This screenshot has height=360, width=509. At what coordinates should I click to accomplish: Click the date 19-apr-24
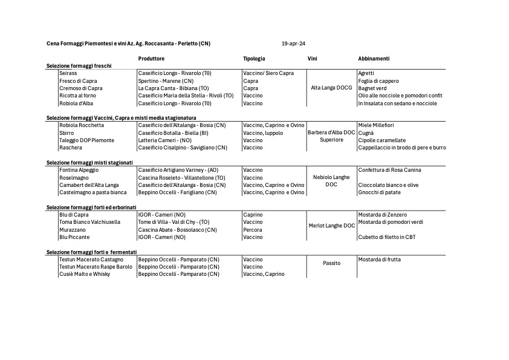pyautogui.click(x=293, y=44)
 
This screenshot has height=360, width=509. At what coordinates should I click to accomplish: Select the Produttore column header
pyautogui.click(x=151, y=59)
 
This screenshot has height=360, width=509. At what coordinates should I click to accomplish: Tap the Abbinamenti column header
pyautogui.click(x=374, y=59)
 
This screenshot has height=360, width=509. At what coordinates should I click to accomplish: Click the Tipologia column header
pyautogui.click(x=254, y=59)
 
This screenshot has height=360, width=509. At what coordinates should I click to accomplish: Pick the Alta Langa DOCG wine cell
pyautogui.click(x=331, y=88)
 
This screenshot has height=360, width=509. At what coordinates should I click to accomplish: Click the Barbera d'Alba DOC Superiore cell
pyautogui.click(x=331, y=136)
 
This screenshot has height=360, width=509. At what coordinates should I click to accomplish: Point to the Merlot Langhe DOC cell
pyautogui.click(x=331, y=226)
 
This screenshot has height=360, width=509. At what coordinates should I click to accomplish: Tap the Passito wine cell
pyautogui.click(x=331, y=263)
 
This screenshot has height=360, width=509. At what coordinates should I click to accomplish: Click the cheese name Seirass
pyautogui.click(x=68, y=73)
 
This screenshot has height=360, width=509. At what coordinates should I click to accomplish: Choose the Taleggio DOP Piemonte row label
pyautogui.click(x=86, y=140)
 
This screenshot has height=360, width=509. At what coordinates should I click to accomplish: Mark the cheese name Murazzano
pyautogui.click(x=73, y=230)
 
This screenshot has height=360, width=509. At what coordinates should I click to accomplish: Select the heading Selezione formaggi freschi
pyautogui.click(x=79, y=65)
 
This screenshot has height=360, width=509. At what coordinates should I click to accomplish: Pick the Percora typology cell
pyautogui.click(x=253, y=230)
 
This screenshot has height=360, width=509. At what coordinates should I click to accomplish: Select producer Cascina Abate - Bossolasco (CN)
pyautogui.click(x=177, y=230)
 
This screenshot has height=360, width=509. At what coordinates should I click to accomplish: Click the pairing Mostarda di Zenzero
pyautogui.click(x=382, y=215)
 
